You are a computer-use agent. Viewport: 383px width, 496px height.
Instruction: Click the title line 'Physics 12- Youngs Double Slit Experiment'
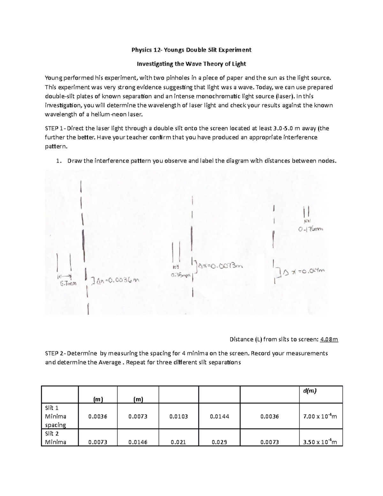[191, 50]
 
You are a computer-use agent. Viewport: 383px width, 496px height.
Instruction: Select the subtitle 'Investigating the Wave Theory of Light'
[191, 64]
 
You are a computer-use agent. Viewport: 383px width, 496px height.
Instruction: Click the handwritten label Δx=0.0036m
[116, 280]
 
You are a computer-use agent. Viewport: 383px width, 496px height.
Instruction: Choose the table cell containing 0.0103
[178, 416]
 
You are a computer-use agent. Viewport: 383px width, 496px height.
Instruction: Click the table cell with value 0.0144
[219, 416]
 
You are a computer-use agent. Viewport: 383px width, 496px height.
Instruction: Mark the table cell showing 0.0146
[138, 442]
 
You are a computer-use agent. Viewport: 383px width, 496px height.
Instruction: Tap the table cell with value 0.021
[178, 442]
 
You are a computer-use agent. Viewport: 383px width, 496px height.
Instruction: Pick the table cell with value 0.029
[219, 442]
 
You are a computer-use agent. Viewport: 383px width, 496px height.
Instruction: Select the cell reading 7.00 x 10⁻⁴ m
[320, 416]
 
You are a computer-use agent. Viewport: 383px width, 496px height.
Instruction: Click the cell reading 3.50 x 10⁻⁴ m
[320, 442]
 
